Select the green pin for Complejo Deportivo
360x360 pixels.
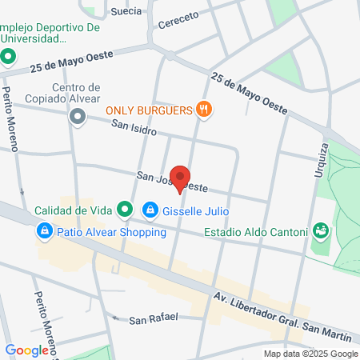point(9,57)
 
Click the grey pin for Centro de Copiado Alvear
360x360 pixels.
point(77,118)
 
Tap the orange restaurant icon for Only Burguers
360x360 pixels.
point(205,110)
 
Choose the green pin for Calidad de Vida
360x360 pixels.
point(125,210)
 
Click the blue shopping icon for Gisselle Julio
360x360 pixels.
point(150,210)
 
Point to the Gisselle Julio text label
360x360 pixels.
point(196,211)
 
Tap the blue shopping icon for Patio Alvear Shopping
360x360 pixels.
point(44,232)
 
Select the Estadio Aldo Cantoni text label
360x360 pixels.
point(256,233)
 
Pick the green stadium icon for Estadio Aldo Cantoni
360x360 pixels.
point(321,232)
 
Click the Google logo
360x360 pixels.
point(27,350)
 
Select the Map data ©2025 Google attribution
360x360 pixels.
point(311,354)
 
